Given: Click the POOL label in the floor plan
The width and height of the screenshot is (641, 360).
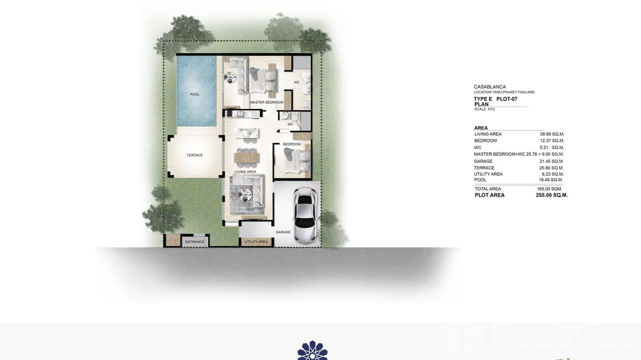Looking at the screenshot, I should (194, 95).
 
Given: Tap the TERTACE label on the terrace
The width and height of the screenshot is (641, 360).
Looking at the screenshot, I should (194, 155).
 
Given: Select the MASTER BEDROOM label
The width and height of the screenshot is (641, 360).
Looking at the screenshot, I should (267, 103).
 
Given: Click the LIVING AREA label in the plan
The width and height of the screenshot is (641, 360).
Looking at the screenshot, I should (245, 172).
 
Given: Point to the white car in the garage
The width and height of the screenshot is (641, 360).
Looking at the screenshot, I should (305, 214).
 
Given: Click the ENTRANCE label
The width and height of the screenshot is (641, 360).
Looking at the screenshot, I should (194, 242).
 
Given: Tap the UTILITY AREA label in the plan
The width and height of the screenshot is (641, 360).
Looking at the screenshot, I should (256, 242).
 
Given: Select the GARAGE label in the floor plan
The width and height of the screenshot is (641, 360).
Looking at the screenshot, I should (283, 232).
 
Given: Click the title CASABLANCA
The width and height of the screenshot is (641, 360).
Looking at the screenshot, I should (490, 87).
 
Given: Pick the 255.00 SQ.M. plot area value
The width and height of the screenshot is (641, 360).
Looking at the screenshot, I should (552, 195).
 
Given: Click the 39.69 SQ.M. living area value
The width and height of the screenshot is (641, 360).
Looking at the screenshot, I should (552, 134).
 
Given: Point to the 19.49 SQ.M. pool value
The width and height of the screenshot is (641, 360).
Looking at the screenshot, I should (552, 180).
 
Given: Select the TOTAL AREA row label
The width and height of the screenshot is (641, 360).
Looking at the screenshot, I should (488, 189).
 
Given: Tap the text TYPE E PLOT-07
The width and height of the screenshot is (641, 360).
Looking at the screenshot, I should (495, 99).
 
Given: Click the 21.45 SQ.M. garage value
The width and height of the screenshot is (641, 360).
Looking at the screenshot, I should (552, 161).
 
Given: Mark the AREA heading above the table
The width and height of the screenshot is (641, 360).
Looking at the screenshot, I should (481, 128).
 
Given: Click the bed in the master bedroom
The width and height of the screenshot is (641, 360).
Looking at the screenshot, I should (262, 80).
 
